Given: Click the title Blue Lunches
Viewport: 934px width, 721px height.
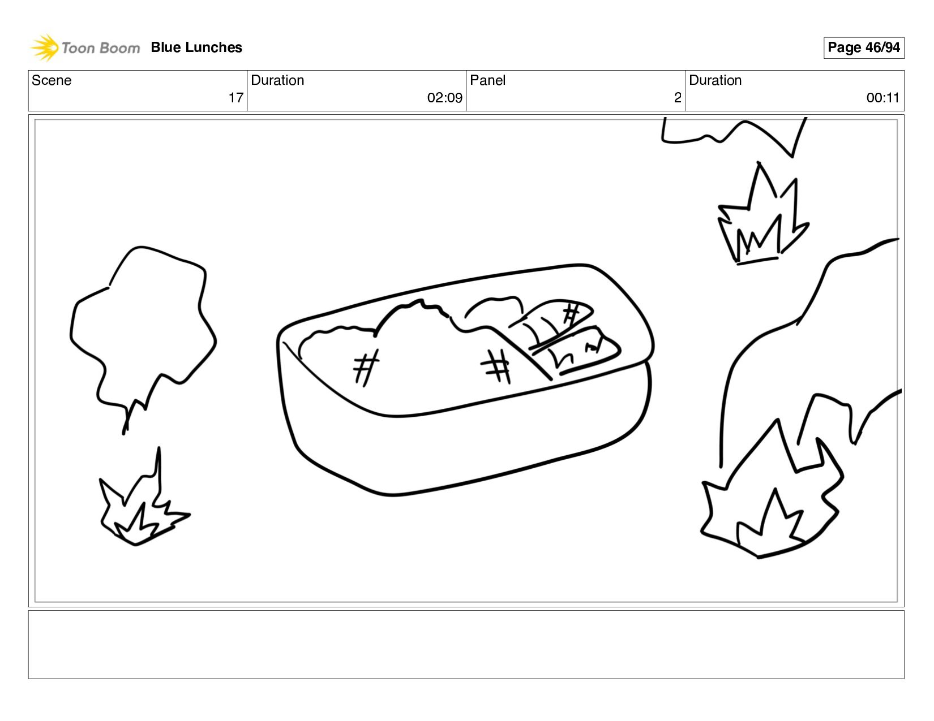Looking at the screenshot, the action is (196, 48).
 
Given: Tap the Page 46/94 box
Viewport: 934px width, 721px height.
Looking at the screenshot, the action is (863, 48).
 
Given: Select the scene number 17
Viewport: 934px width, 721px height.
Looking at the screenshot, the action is (236, 98).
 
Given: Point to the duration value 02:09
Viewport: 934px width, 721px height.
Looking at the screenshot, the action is (444, 98).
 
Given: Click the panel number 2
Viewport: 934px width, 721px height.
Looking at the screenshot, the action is (678, 98).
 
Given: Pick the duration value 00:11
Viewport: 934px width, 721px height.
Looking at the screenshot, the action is (883, 98).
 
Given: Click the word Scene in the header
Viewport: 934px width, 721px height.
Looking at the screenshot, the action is (52, 80).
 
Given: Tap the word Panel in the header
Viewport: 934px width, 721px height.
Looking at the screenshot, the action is (487, 80).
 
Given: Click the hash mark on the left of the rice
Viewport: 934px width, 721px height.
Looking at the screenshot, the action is (366, 368).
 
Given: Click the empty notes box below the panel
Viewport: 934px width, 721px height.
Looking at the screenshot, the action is (466, 645).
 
